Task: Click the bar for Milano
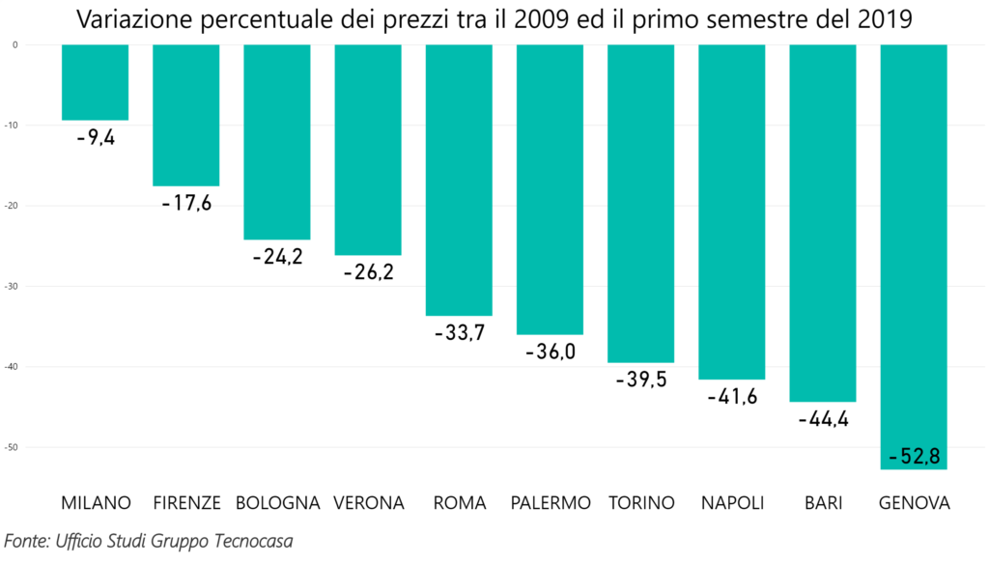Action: click(x=95, y=82)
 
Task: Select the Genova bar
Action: click(x=914, y=257)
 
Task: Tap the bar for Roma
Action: click(x=459, y=180)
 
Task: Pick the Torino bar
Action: click(x=641, y=203)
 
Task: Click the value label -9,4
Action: click(x=96, y=138)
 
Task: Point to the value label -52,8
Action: click(x=914, y=456)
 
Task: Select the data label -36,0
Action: click(x=551, y=352)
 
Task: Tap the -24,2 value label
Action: click(x=277, y=257)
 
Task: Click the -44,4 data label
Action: click(x=823, y=419)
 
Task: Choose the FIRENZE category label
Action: click(x=187, y=503)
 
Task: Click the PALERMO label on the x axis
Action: click(x=551, y=503)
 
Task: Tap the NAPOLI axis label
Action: click(x=732, y=503)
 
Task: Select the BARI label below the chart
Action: click(x=823, y=503)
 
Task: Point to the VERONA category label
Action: click(x=368, y=503)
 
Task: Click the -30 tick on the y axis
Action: click(x=14, y=286)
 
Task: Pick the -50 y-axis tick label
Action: click(x=14, y=447)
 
